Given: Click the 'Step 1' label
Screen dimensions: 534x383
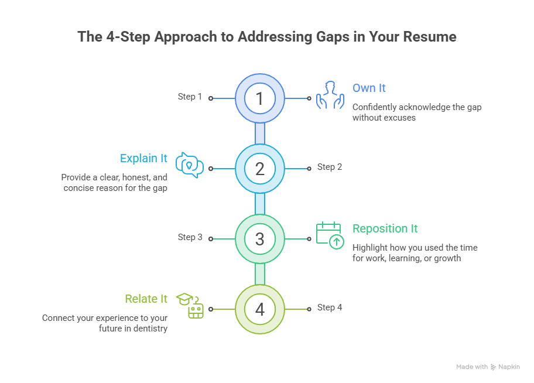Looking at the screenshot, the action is (190, 97).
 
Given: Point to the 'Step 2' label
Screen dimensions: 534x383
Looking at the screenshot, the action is (330, 167).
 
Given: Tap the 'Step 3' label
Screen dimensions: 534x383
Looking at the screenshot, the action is (190, 237).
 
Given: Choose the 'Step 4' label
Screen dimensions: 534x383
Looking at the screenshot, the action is (330, 307).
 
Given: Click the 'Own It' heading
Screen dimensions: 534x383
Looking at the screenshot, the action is (369, 88).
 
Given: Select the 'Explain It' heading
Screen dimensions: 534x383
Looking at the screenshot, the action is (143, 159).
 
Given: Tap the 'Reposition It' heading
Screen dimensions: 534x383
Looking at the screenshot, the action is (385, 228).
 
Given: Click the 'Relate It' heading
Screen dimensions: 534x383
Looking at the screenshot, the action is (146, 299).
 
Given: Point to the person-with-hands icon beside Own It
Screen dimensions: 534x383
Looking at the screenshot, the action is (330, 95).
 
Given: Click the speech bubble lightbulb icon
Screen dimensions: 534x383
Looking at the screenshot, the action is (190, 165).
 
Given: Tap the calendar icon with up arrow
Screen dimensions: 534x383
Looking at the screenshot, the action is (330, 235).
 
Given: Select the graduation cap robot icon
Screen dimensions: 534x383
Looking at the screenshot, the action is (190, 306).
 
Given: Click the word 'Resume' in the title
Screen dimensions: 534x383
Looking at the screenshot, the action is (430, 37).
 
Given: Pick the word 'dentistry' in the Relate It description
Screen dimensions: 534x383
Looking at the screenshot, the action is (150, 329).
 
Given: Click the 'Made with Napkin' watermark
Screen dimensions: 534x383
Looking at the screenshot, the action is (488, 367).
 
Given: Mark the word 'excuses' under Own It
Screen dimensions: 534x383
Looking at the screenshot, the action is (400, 118).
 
